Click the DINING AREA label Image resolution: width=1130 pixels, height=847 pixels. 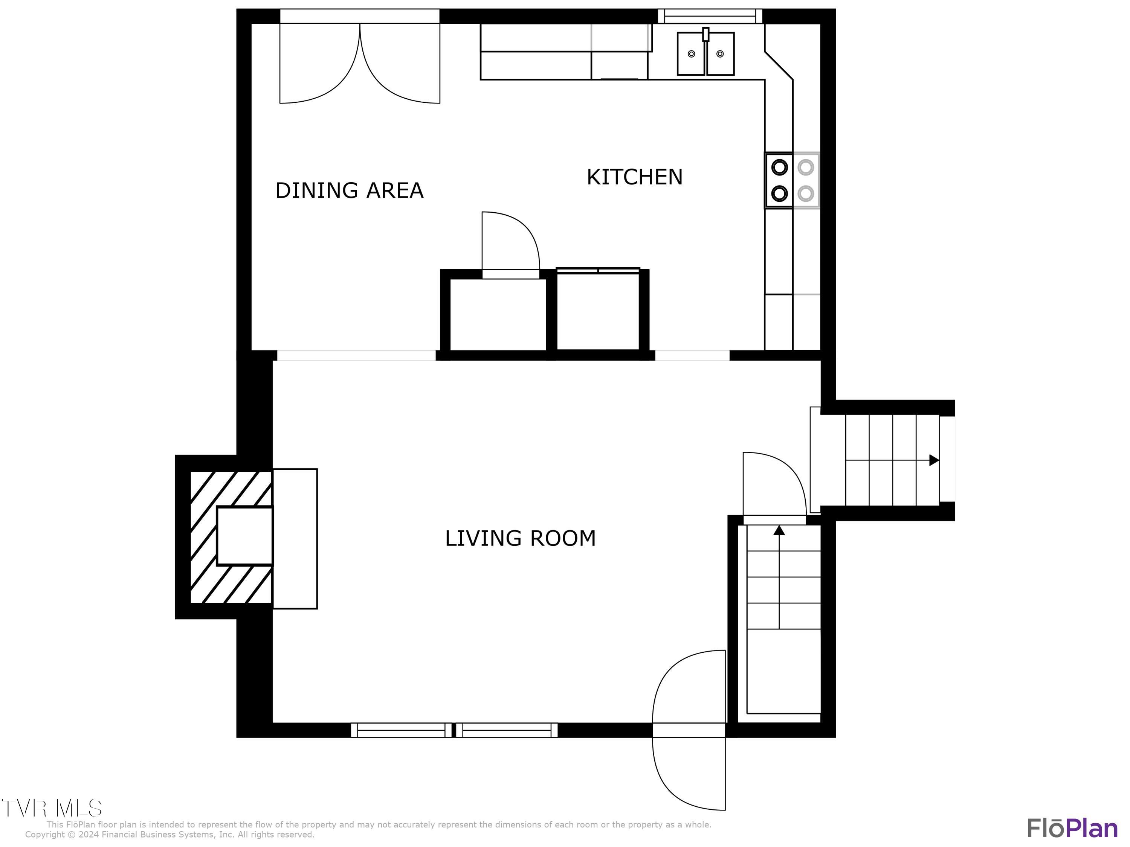(350, 190)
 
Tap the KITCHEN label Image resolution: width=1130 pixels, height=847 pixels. (634, 177)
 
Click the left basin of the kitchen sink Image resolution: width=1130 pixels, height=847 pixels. (691, 53)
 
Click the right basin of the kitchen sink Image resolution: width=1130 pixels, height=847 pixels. (720, 53)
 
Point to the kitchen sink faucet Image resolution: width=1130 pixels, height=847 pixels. (705, 34)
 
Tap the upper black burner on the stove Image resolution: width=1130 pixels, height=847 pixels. (779, 167)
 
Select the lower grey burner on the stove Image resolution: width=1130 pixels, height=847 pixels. (806, 193)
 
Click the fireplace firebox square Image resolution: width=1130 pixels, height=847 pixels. (245, 536)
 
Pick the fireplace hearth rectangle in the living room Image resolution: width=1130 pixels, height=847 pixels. (295, 539)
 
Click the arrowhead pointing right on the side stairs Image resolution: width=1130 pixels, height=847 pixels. (934, 460)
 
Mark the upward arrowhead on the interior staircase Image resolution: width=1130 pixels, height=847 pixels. (779, 530)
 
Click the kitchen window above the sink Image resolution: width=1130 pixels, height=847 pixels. (710, 16)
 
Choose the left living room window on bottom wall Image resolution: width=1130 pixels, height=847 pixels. (401, 730)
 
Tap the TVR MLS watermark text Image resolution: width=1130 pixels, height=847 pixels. (51, 808)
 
